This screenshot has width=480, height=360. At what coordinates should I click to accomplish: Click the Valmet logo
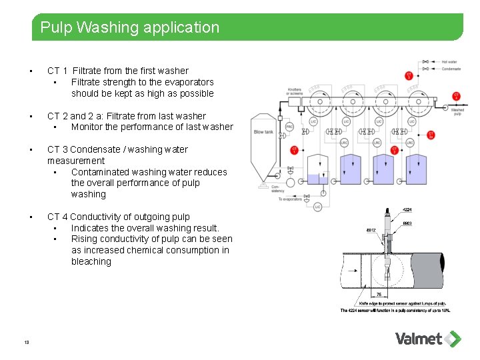427,339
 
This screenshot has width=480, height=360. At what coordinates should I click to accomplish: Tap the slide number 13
26,343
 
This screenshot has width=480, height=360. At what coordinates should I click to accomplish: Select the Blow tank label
263,132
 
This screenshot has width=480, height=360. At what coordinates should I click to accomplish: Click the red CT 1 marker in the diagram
295,150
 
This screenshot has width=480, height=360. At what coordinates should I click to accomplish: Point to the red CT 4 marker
456,96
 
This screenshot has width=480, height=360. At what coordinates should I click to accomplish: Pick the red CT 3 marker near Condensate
409,75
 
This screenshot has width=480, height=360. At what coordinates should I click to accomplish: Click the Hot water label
449,62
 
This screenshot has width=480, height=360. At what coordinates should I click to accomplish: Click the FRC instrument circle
289,127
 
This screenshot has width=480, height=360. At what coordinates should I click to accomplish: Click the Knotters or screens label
294,91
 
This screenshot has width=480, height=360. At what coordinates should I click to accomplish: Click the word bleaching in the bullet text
91,261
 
